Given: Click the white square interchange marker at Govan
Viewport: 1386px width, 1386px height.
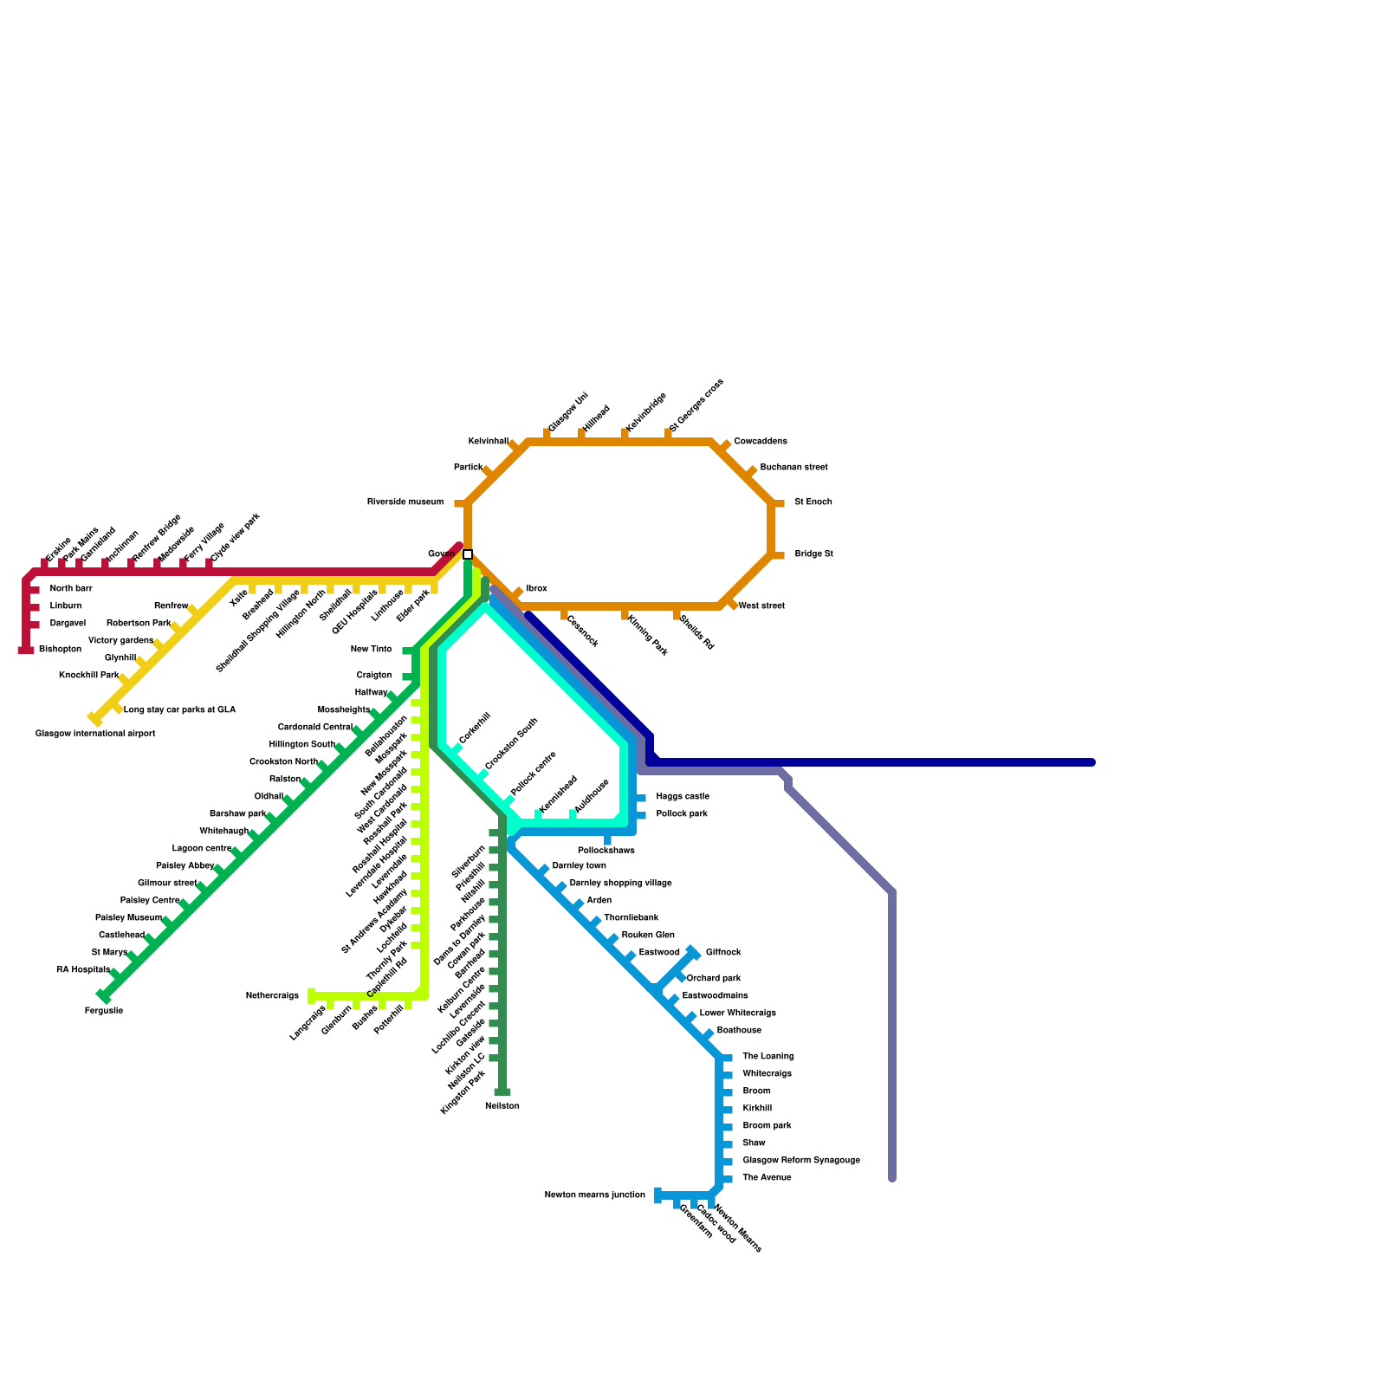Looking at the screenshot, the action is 468,554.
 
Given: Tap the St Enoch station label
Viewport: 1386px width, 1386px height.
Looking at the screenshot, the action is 813,502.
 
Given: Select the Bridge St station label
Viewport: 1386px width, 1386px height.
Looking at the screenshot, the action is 813,554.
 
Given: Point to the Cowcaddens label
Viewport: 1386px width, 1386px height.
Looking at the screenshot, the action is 760,442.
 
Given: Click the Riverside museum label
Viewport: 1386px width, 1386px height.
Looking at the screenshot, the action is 405,502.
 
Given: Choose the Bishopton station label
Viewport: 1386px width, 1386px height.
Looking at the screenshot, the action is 60,650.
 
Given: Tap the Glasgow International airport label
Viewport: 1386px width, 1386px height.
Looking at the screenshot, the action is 95,734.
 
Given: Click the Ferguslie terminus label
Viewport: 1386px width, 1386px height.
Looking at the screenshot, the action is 104,1011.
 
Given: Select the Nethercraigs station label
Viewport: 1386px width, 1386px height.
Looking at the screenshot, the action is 272,996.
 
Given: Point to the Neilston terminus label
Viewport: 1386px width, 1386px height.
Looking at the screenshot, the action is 502,1106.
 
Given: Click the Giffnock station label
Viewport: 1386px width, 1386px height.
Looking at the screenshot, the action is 723,953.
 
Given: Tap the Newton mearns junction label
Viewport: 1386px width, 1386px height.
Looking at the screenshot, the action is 594,1195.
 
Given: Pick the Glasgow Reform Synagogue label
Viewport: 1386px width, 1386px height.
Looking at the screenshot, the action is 801,1161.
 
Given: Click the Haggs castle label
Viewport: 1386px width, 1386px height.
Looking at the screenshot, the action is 683,797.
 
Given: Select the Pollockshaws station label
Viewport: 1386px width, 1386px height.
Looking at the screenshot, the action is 606,851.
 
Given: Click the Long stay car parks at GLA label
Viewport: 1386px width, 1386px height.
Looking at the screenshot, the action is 179,710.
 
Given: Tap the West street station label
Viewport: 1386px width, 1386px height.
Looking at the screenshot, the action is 761,606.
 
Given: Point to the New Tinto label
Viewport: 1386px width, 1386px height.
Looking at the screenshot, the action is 371,650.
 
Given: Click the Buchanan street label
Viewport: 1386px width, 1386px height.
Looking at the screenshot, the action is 793,468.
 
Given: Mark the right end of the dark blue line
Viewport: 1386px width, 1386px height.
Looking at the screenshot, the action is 1091,762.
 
